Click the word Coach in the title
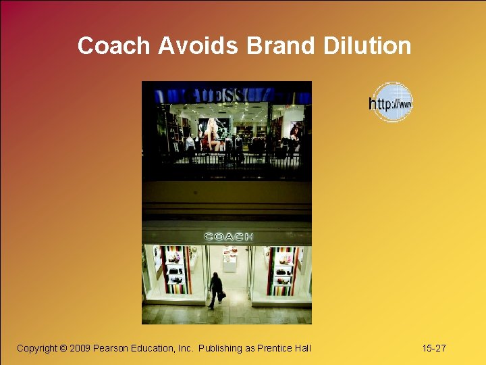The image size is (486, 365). coord(114,46)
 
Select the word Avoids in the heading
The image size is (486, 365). coord(198,46)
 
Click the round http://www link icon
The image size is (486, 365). coord(391,103)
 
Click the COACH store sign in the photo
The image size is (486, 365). coord(229,237)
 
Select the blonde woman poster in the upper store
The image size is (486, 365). coord(214,133)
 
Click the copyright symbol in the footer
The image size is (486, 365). coord(63,348)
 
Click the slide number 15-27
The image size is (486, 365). coord(433,348)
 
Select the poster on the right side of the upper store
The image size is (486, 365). coord(294,132)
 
